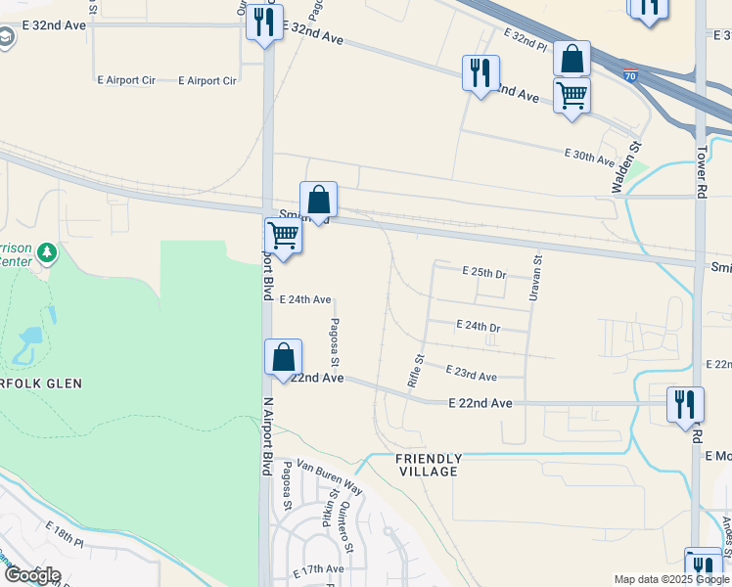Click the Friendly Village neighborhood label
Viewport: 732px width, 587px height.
pos(428,465)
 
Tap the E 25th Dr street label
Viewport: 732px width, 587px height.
pos(483,273)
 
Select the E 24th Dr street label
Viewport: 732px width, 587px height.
pos(479,326)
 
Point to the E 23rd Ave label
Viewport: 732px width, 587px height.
pos(471,374)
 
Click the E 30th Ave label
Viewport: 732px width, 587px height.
pos(589,156)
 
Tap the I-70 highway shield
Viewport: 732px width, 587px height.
pos(629,72)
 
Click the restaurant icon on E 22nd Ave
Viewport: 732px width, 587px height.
pos(685,404)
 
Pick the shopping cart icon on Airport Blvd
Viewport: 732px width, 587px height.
pos(283,236)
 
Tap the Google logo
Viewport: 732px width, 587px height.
pos(31,575)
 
